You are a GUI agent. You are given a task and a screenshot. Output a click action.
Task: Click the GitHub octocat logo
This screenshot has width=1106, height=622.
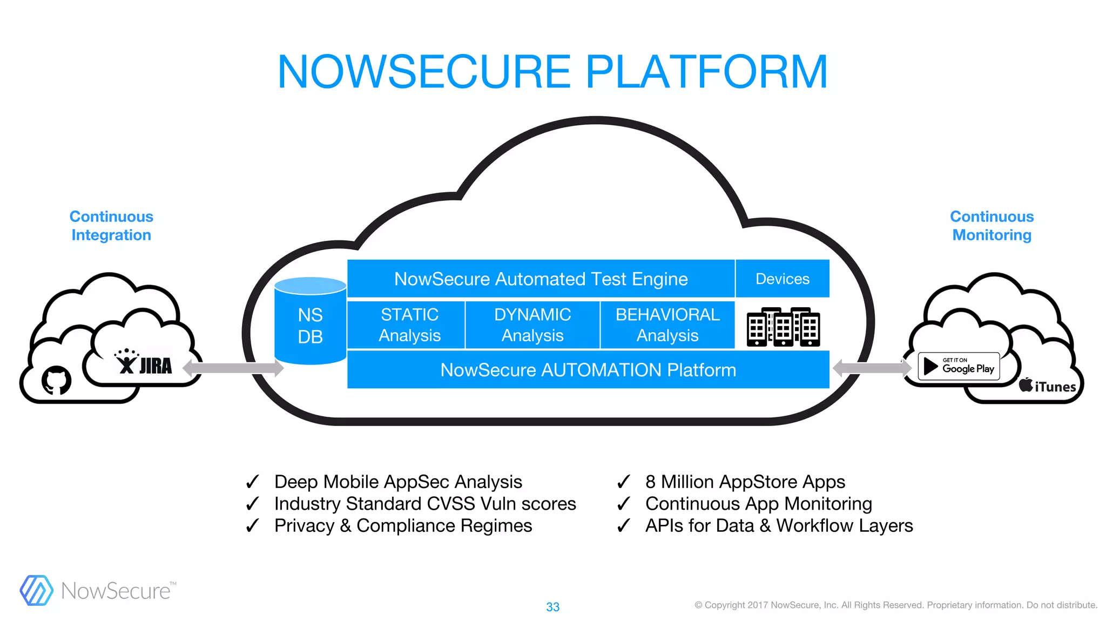56,380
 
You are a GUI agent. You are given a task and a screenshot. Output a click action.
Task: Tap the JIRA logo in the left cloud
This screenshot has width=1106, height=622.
144,363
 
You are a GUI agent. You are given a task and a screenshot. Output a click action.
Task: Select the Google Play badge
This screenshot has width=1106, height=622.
959,366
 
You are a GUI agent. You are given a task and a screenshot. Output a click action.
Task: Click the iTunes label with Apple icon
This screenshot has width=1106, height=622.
1047,386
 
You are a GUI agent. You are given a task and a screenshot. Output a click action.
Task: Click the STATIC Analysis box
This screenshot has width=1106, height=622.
409,325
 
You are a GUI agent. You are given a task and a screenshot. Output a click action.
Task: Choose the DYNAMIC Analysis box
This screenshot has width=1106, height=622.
532,325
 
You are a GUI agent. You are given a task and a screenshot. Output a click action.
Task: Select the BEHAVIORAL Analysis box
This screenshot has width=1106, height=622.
667,325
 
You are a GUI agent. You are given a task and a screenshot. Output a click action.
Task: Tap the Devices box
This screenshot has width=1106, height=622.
783,279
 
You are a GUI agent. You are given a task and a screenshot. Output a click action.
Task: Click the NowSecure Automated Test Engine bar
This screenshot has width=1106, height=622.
541,279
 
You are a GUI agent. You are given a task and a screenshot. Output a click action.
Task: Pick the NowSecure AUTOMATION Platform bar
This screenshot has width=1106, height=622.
588,370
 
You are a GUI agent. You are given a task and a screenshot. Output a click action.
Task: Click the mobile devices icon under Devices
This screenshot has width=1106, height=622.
783,327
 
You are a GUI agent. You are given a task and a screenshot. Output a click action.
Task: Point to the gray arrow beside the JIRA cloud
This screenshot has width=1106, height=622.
233,368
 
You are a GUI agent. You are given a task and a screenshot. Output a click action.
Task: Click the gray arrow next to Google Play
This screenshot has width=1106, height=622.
872,368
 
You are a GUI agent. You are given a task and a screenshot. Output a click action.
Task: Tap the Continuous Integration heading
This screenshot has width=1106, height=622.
111,226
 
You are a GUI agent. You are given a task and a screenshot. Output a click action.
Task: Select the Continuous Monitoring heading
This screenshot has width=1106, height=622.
992,226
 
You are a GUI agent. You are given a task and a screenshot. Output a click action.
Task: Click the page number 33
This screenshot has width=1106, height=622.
552,607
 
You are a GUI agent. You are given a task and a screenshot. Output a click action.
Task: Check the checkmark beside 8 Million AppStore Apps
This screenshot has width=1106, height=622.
624,481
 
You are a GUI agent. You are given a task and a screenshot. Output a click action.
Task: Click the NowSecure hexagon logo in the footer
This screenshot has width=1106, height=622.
36,590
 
